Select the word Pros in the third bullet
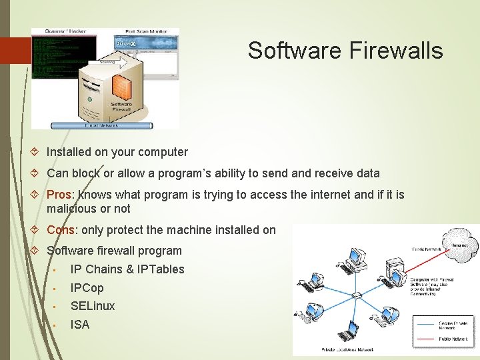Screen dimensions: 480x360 coord(61,195)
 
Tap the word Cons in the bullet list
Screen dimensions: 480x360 coord(61,230)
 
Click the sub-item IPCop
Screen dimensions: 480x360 coord(87,288)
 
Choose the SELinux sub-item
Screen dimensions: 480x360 coord(93,306)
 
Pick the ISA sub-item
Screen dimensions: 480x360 coord(80,325)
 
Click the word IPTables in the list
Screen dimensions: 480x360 coord(160,269)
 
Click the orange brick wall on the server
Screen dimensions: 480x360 coord(121,86)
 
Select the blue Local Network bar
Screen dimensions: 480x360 coord(101,125)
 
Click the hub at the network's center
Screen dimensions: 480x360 coord(357,294)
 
